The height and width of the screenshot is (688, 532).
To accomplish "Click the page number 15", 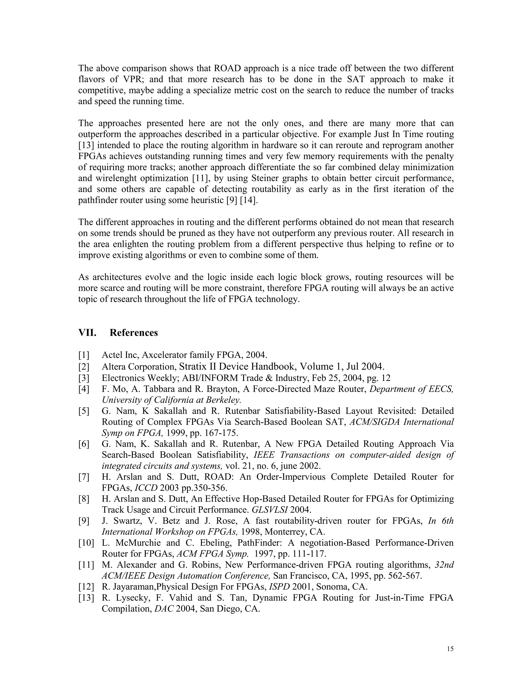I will tap(450, 649).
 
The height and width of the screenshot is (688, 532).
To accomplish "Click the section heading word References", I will tap(134, 333).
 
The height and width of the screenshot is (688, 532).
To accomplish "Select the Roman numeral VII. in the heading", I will tap(87, 333).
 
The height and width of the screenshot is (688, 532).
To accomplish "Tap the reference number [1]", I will tap(84, 355).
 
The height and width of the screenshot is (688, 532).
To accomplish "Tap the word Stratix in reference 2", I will tap(193, 366).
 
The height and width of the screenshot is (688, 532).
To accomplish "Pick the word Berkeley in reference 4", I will tap(223, 400).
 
